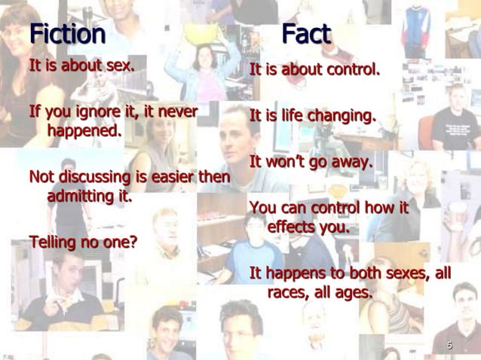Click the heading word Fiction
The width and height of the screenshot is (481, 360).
(x=67, y=34)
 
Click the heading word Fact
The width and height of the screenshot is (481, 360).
(x=306, y=34)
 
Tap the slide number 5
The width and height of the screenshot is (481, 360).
(x=449, y=346)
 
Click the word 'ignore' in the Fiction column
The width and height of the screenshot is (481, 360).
(x=98, y=112)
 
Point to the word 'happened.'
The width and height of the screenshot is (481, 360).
(x=84, y=130)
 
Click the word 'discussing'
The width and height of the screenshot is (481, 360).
(x=94, y=177)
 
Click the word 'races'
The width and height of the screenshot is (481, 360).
(x=288, y=292)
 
